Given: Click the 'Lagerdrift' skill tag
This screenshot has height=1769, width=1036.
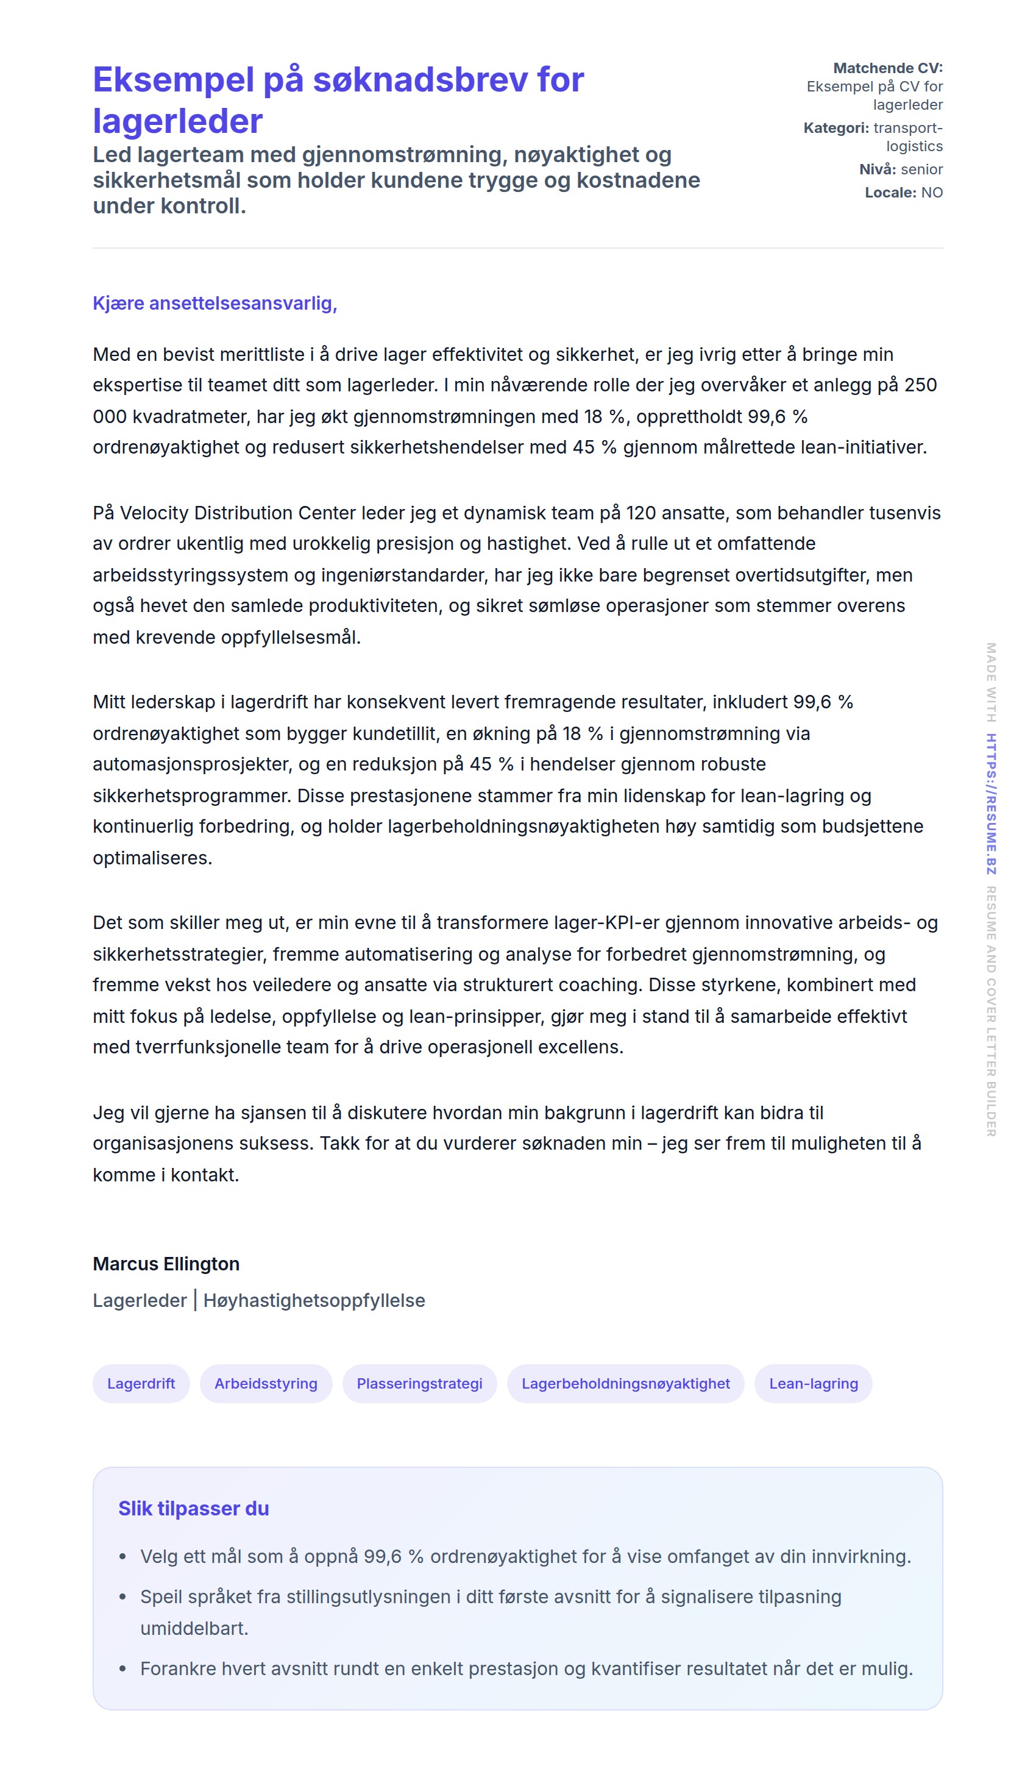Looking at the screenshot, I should [x=141, y=1383].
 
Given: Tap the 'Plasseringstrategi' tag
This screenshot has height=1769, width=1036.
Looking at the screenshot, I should [x=419, y=1383].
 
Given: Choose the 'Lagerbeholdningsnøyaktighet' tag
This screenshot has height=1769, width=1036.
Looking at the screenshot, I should [x=625, y=1383].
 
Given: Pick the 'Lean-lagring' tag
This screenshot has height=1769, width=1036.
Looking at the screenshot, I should [x=813, y=1383].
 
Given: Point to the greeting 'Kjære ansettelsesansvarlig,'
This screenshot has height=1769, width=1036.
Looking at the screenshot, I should [x=215, y=303].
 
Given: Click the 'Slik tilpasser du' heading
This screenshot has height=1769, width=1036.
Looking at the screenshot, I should [x=193, y=1508].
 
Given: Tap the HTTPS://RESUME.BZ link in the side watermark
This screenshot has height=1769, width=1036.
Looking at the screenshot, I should [x=990, y=804].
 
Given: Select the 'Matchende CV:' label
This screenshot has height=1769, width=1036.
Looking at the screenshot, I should [x=887, y=68].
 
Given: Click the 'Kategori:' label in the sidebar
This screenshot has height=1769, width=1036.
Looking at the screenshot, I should [x=836, y=128].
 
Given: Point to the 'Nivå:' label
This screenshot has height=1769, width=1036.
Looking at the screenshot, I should [x=878, y=169].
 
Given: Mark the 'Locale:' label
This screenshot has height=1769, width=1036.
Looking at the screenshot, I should [x=890, y=193].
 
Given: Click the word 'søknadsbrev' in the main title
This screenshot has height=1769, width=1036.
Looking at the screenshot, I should [x=421, y=80].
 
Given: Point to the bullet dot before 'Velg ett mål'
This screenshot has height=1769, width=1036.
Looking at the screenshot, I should [x=123, y=1556].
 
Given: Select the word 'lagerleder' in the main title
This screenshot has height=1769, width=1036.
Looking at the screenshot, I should [x=177, y=121].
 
